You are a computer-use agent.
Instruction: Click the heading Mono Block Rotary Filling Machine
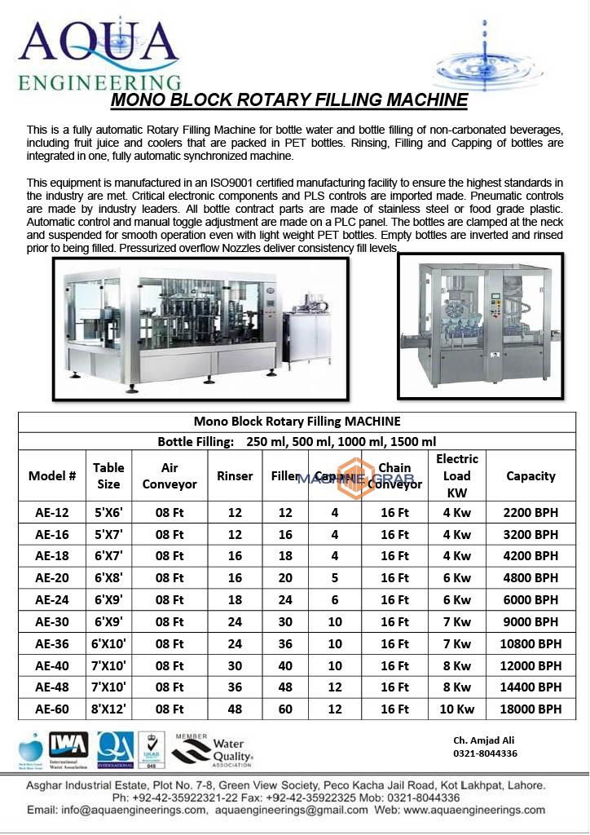tap(288, 100)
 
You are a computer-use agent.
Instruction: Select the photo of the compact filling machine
tap(480, 325)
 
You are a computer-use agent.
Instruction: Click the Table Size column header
tap(108, 475)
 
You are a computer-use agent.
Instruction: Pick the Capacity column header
tap(531, 476)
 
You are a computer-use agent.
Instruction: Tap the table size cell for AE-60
tap(108, 709)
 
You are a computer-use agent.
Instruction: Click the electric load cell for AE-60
tap(456, 709)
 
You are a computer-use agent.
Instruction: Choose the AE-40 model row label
tap(51, 665)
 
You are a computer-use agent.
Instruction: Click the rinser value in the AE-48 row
tap(235, 687)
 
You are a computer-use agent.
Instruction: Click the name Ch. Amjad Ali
tap(484, 740)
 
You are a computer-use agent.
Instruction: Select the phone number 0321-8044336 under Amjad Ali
tap(485, 753)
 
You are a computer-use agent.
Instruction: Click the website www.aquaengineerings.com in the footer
tap(473, 811)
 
